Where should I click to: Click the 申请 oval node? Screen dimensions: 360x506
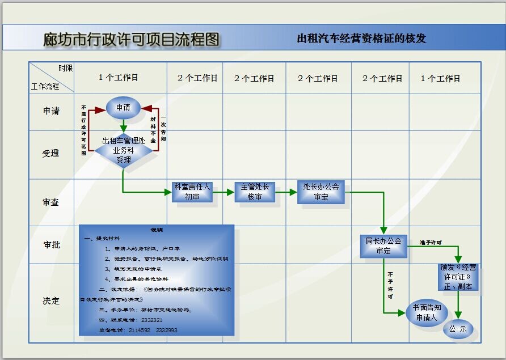point(123,108)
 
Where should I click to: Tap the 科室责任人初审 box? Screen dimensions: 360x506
point(192,192)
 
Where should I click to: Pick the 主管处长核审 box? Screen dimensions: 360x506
point(255,192)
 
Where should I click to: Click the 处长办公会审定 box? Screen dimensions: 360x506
point(321,192)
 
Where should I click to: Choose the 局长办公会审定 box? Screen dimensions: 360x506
point(383,245)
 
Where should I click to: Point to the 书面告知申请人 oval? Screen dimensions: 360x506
point(427,313)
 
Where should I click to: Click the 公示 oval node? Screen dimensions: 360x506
point(458,329)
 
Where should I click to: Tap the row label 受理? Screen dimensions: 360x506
point(51,154)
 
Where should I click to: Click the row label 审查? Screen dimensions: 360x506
point(51,202)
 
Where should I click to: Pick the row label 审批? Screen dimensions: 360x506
point(51,245)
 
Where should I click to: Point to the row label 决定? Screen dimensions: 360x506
point(51,301)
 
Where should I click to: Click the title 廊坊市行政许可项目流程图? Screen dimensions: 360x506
point(131,39)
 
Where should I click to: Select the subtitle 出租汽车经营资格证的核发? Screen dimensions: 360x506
point(361,39)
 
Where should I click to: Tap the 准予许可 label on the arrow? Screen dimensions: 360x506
point(431,243)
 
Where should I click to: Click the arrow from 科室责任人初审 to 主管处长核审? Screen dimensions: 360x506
point(224,192)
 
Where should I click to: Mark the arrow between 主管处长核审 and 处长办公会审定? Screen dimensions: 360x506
point(286,192)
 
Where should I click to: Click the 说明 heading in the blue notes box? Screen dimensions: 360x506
point(157,230)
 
